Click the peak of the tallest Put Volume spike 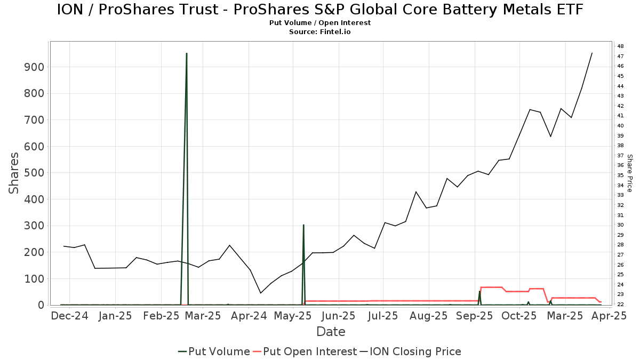(x=186, y=53)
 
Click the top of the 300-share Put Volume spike (x=303, y=225)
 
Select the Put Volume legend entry (x=214, y=351)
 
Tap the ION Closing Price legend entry (x=410, y=351)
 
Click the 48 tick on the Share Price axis (x=621, y=46)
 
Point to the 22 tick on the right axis (x=621, y=305)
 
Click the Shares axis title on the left (x=14, y=173)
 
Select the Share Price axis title (x=629, y=173)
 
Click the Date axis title (x=331, y=332)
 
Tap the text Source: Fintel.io (x=320, y=31)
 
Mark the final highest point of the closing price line (x=591, y=53)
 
